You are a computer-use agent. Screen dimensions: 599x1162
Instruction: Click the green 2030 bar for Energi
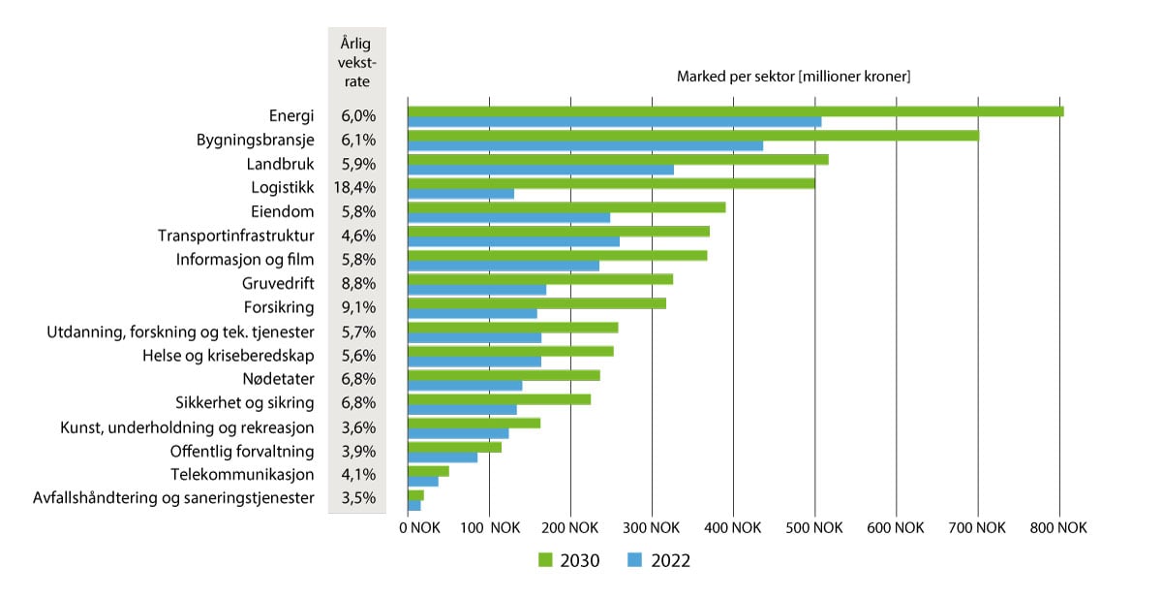click(x=736, y=110)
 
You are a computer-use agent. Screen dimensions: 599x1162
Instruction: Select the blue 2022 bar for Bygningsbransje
click(x=586, y=146)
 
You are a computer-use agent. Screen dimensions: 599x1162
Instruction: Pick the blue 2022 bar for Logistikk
click(x=461, y=194)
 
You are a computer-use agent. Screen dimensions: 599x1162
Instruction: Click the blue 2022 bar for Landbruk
click(x=541, y=170)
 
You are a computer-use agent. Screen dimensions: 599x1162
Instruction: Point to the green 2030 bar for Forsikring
click(x=537, y=302)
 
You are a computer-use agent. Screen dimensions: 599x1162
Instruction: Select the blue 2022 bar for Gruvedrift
click(x=477, y=290)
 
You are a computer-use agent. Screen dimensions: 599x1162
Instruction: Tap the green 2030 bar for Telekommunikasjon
click(x=429, y=470)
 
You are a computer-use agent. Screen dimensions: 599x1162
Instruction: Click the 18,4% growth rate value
click(x=357, y=188)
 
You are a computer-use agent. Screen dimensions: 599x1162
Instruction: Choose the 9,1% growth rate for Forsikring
click(x=357, y=308)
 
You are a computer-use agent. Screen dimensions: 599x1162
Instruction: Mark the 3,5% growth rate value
click(x=357, y=499)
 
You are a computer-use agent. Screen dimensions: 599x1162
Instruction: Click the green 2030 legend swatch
click(x=544, y=560)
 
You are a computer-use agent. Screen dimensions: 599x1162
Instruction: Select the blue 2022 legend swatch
click(x=635, y=560)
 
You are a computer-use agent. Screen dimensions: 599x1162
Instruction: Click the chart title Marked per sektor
click(x=793, y=77)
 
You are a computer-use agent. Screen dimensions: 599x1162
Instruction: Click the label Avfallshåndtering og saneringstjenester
click(x=173, y=499)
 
